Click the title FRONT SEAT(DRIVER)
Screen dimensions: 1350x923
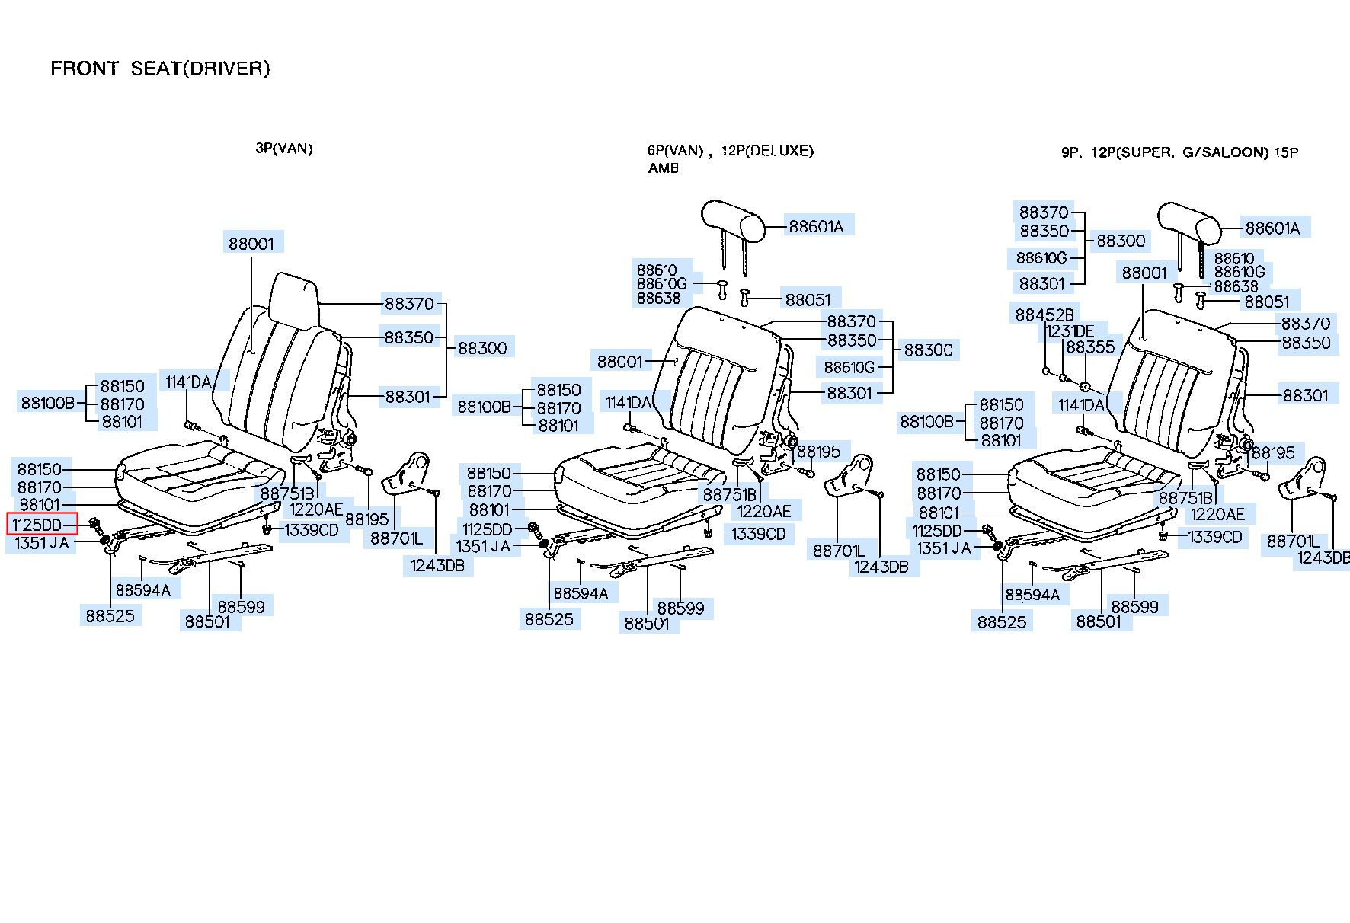160,69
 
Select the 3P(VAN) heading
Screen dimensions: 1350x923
283,149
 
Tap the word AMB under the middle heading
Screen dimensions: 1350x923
663,168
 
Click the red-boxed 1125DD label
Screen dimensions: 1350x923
42,524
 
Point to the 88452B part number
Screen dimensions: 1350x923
1044,314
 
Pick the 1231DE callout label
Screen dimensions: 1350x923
1070,331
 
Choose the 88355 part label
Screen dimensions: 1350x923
1090,347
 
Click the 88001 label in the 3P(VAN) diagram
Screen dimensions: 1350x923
251,243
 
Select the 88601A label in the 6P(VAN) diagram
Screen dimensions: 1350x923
816,226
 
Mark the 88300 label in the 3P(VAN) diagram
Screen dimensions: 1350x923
482,348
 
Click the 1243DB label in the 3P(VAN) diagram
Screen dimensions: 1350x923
437,565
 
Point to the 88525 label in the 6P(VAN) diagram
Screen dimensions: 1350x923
549,619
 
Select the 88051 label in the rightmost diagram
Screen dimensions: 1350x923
1267,302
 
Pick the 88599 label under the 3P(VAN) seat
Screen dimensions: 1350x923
241,606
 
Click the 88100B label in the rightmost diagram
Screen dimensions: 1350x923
927,421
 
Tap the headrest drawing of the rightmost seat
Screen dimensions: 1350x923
1189,221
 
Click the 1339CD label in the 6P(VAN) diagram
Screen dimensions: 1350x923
759,534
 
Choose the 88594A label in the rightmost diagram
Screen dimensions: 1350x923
1032,594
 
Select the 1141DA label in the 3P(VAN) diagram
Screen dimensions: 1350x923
188,382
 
